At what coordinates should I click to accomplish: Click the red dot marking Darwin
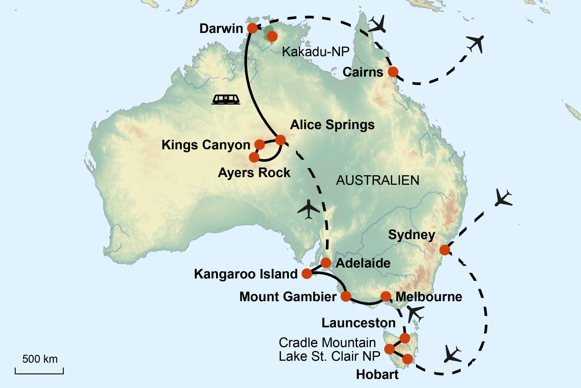(252, 28)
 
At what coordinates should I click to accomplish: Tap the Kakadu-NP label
(316, 52)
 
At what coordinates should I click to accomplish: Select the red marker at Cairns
(393, 72)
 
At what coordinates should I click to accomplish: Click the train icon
(226, 99)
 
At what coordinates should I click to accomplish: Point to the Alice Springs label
(332, 125)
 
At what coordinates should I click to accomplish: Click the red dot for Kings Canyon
(260, 145)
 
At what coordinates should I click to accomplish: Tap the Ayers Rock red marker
(254, 157)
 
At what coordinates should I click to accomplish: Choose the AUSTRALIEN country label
(378, 180)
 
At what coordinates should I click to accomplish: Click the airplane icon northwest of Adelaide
(309, 209)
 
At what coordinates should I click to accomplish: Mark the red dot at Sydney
(445, 250)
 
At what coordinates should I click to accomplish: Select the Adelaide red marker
(326, 263)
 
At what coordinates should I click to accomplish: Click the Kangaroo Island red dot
(307, 273)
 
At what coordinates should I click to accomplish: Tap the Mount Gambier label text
(288, 296)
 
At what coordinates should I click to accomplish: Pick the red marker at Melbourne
(386, 296)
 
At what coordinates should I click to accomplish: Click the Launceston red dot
(405, 338)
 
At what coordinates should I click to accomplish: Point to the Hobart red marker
(408, 359)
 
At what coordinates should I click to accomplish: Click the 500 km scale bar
(39, 371)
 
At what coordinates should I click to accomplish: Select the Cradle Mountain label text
(327, 343)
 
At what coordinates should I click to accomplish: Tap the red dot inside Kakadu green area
(272, 36)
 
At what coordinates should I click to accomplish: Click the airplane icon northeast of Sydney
(503, 198)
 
